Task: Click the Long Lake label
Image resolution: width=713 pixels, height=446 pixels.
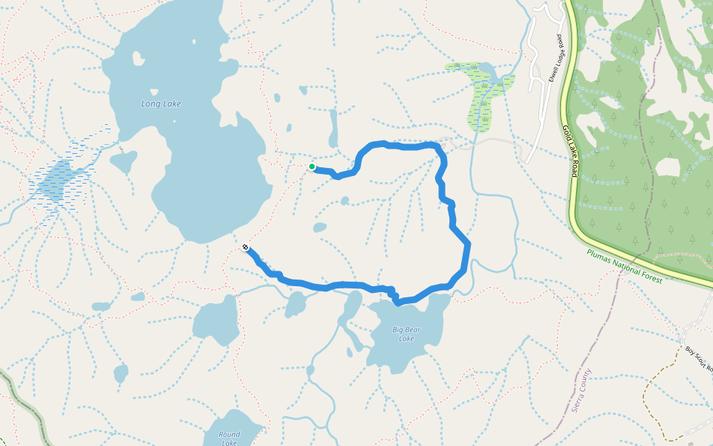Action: tap(161, 104)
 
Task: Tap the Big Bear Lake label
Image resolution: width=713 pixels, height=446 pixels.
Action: tap(406, 334)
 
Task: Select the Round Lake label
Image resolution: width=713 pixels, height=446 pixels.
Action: tap(229, 439)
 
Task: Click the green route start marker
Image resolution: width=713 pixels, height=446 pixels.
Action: tap(312, 167)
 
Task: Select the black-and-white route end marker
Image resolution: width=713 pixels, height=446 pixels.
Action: tap(245, 248)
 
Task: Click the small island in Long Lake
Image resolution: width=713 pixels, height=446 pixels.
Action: tap(137, 57)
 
